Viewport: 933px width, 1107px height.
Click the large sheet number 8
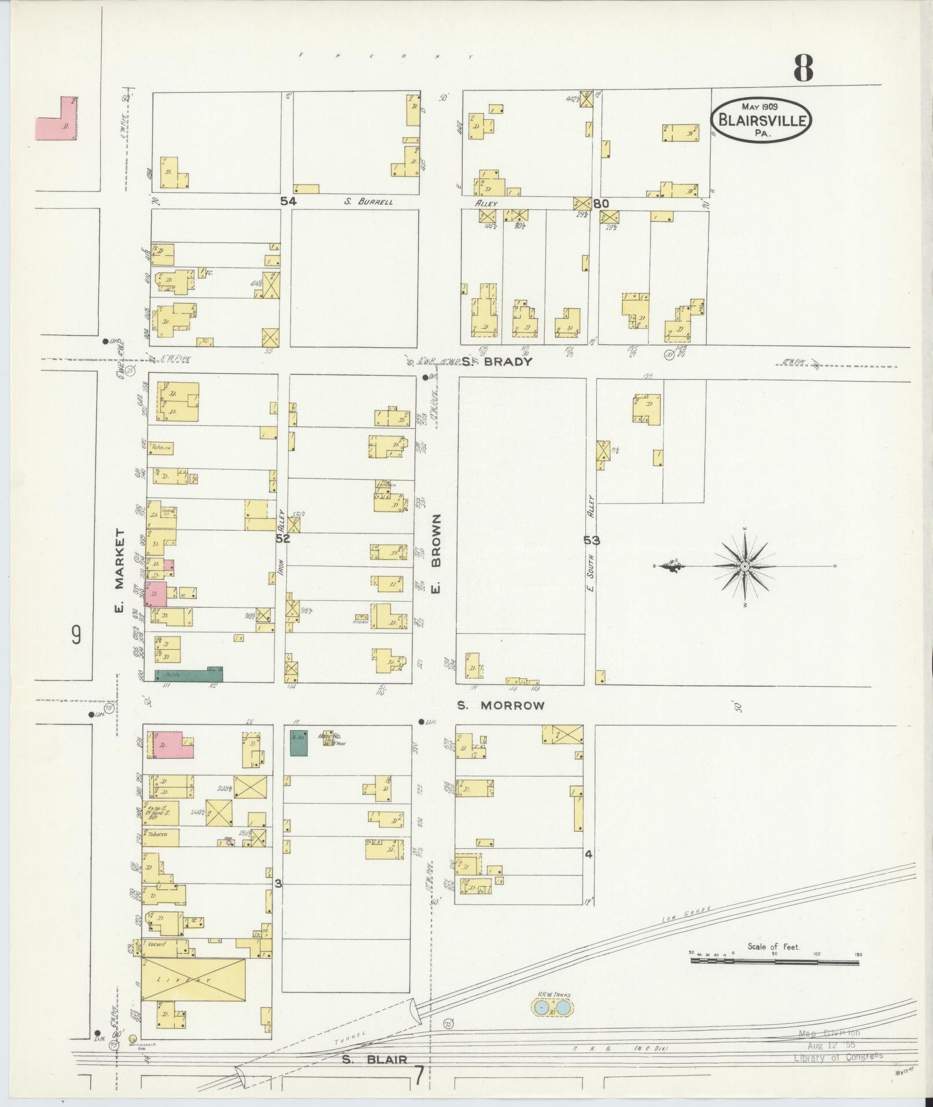(x=803, y=68)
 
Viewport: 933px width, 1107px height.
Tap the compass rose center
(x=745, y=566)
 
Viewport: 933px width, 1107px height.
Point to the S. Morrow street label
(x=500, y=705)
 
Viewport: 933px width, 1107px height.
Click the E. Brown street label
(x=437, y=553)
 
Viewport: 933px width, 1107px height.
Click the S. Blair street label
(x=374, y=1060)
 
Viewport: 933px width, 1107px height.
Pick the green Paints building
(x=189, y=674)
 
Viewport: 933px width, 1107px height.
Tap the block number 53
(x=591, y=540)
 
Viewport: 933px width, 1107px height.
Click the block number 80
(x=601, y=204)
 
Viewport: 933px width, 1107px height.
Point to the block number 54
(x=288, y=201)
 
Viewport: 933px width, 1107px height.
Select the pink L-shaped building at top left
(x=58, y=120)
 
